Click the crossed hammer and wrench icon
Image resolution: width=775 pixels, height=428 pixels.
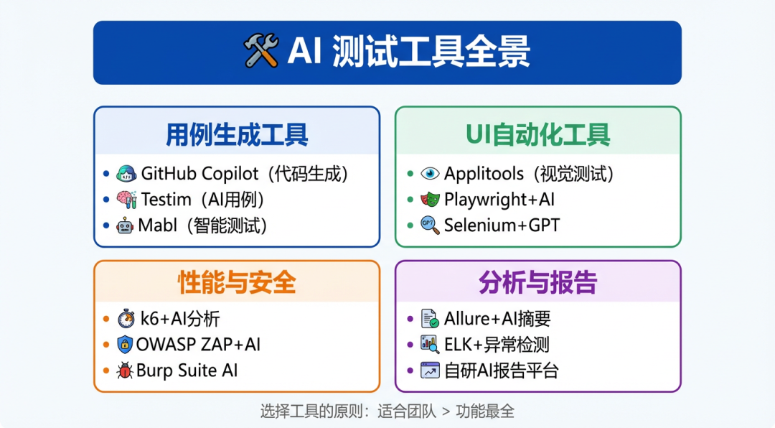[x=261, y=50]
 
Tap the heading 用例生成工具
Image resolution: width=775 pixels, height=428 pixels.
[x=237, y=135]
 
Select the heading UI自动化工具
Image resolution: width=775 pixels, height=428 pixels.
[x=537, y=135]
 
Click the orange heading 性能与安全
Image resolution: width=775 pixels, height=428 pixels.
[x=237, y=282]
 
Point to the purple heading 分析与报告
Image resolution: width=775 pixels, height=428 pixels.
[x=537, y=282]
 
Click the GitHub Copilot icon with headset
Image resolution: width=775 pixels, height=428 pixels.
[x=126, y=174]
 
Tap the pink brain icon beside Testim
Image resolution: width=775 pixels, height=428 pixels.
[x=126, y=200]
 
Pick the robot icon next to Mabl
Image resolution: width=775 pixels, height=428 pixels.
[x=125, y=225]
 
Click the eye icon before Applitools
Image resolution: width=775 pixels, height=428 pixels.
[x=430, y=174]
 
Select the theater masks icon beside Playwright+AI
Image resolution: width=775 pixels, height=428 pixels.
[x=430, y=200]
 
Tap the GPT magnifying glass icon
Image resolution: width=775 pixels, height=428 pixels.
[x=430, y=225]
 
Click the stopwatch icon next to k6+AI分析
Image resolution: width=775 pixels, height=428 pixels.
[x=126, y=319]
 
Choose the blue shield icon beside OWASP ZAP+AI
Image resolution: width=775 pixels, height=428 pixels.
[x=125, y=345]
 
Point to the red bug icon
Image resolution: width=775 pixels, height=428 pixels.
[x=125, y=370]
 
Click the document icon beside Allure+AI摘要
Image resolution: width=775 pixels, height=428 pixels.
[x=430, y=318]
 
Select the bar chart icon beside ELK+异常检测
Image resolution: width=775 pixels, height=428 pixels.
[x=430, y=345]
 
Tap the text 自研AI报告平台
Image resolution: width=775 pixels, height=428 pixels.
[x=501, y=371]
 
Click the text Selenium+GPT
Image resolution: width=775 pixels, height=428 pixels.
[x=502, y=225]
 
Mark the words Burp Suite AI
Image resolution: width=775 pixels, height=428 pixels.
[x=187, y=371]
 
